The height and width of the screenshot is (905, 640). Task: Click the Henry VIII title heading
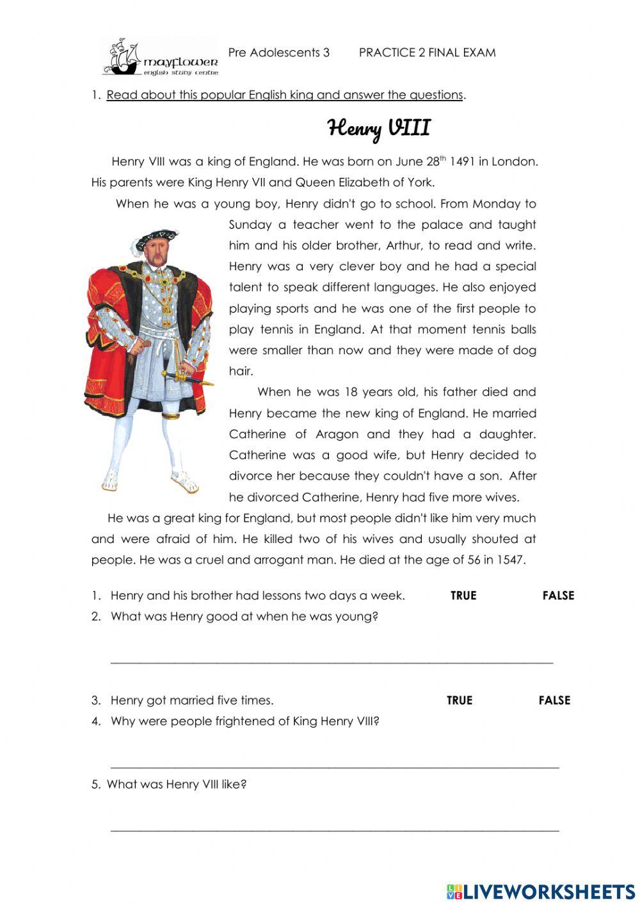[x=379, y=128]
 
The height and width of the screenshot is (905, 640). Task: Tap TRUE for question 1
[x=463, y=596]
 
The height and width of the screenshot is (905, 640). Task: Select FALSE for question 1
[x=558, y=596]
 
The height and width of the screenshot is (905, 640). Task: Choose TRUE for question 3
[x=460, y=701]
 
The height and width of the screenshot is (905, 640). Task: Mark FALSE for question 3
[x=554, y=701]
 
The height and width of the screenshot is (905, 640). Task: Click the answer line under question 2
[x=332, y=660]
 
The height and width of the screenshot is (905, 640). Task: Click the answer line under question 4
[x=335, y=765]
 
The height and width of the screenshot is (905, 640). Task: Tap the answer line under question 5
[x=335, y=829]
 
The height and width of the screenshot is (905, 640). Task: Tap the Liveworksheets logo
[x=541, y=891]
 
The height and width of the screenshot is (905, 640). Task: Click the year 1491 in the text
[x=462, y=162]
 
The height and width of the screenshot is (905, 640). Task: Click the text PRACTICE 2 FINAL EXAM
[x=427, y=53]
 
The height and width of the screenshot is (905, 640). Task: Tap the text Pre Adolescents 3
[x=278, y=53]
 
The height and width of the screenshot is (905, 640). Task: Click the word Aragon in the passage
[x=337, y=435]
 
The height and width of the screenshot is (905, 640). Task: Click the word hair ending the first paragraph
[x=241, y=371]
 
